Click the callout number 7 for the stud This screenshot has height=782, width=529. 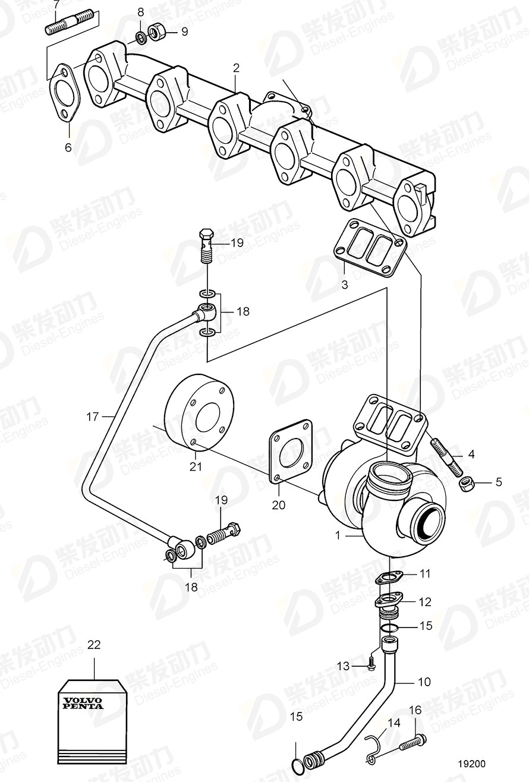click(x=56, y=5)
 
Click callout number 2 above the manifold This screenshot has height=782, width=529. click(x=236, y=68)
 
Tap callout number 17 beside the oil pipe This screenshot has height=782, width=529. click(x=92, y=417)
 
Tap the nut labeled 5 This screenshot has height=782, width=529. click(x=465, y=483)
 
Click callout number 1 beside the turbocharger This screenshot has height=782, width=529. click(x=338, y=535)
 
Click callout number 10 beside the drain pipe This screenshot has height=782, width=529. click(x=424, y=682)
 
